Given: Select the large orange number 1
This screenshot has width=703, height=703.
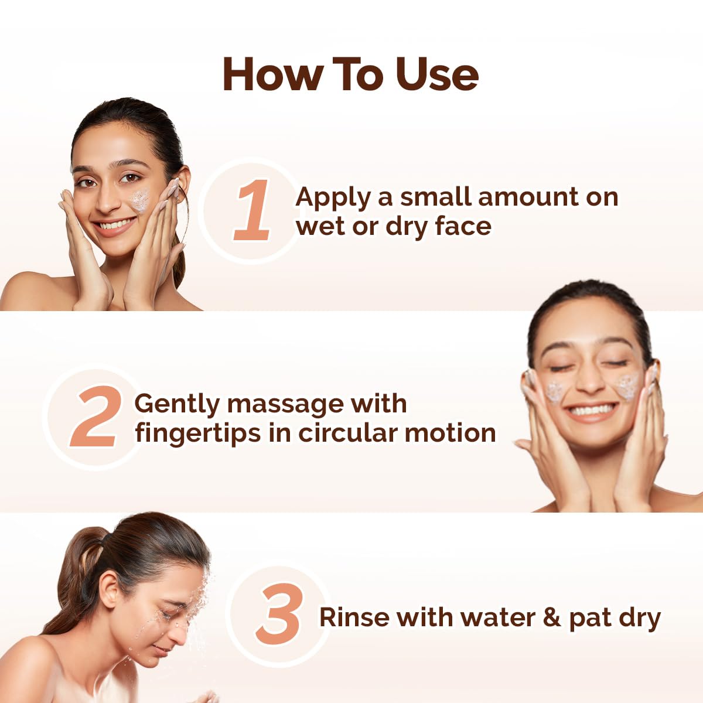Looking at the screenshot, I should [x=253, y=211].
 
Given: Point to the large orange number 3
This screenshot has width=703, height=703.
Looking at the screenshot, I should [x=280, y=615].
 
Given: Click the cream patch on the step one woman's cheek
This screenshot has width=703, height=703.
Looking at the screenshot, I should [x=139, y=200].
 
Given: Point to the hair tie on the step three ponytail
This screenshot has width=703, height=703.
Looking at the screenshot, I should [x=103, y=538].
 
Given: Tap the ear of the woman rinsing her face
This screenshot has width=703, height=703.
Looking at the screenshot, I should [x=110, y=589].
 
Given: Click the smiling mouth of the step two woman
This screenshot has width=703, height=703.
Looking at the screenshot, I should [x=593, y=409].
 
